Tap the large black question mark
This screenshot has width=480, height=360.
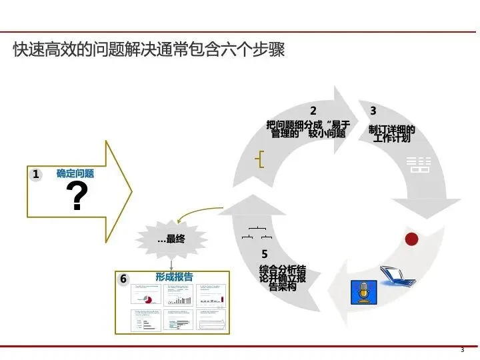79,197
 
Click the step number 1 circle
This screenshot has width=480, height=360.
37,175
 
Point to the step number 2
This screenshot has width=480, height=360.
313,111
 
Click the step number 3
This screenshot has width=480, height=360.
373,111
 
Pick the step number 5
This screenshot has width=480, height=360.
265,254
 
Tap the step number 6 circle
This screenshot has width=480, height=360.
123,279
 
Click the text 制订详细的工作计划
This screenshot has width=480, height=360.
392,134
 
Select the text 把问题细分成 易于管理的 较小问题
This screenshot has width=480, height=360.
307,128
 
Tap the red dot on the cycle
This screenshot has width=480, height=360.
411,238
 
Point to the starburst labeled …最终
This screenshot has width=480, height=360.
171,239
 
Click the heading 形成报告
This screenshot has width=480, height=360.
174,277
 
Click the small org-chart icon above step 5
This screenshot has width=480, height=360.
257,233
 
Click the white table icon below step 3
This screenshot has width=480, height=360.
419,165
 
